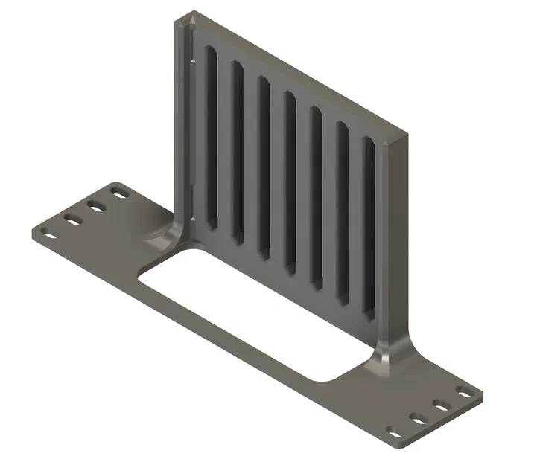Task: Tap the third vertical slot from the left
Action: coord(264,167)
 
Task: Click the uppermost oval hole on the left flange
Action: coord(118,193)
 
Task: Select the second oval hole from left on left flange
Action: coord(72,219)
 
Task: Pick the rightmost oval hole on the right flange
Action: coord(465,392)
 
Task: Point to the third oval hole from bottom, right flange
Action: coord(442,406)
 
